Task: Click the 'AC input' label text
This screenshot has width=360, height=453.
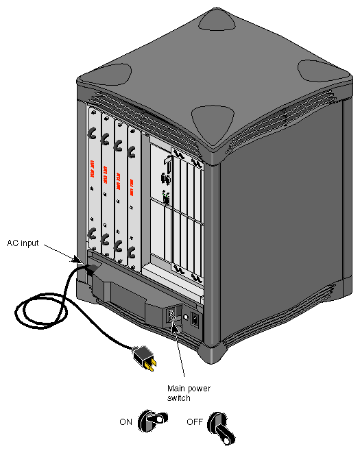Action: (x=27, y=243)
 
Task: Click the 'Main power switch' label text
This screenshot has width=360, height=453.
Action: (x=189, y=393)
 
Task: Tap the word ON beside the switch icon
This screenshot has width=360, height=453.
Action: (x=125, y=422)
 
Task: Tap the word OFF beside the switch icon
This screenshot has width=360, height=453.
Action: (x=195, y=422)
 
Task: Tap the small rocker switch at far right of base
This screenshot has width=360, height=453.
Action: (x=196, y=319)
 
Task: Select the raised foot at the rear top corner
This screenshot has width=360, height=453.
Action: (x=215, y=21)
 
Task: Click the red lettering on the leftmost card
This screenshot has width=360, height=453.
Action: (x=92, y=172)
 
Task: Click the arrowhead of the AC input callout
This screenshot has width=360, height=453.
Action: (x=78, y=260)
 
